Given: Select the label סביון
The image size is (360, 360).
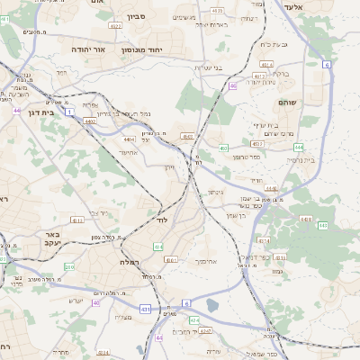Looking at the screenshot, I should click(x=136, y=16).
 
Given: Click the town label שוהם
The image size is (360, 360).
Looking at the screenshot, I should click(x=288, y=103).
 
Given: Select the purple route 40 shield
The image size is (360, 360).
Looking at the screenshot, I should click(x=95, y=303).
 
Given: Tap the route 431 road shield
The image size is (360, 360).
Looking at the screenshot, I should click(x=145, y=308).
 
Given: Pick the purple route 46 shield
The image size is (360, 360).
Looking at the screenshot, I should click(x=232, y=86).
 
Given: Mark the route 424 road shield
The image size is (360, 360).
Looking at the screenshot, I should click(x=193, y=320).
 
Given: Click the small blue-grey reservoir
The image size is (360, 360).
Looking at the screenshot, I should click(x=212, y=305).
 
